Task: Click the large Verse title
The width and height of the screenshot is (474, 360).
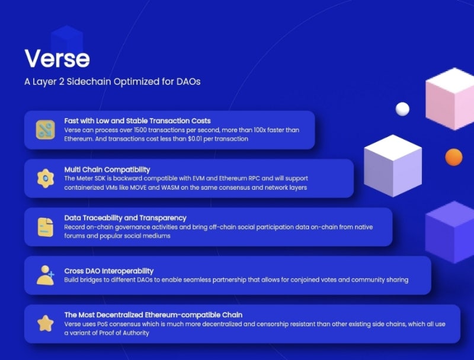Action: tap(57, 58)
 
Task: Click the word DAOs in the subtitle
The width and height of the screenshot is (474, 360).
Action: tap(188, 81)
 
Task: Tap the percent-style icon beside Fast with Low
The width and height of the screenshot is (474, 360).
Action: tap(46, 129)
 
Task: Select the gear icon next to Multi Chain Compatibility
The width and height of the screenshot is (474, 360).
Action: tap(46, 178)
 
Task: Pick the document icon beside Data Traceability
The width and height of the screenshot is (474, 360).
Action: tap(46, 227)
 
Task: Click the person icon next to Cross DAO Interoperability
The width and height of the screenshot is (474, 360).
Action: tap(46, 275)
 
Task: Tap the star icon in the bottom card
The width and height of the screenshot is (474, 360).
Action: tap(46, 323)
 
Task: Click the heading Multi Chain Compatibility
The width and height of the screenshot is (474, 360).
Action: tap(107, 170)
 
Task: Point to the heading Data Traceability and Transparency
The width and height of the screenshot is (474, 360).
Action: tap(125, 218)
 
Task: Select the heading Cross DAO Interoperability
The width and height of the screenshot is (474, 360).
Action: tap(109, 271)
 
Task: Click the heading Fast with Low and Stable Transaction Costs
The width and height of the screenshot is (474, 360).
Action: tap(137, 121)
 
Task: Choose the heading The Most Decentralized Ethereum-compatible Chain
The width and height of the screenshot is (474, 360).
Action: tap(153, 314)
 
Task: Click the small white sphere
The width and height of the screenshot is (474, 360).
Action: tap(402, 109)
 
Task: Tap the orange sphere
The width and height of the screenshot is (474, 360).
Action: tap(454, 157)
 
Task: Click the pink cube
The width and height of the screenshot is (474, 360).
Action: tap(450, 99)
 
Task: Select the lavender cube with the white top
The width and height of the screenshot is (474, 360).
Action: tap(393, 165)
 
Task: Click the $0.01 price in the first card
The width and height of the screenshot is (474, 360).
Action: tap(195, 139)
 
